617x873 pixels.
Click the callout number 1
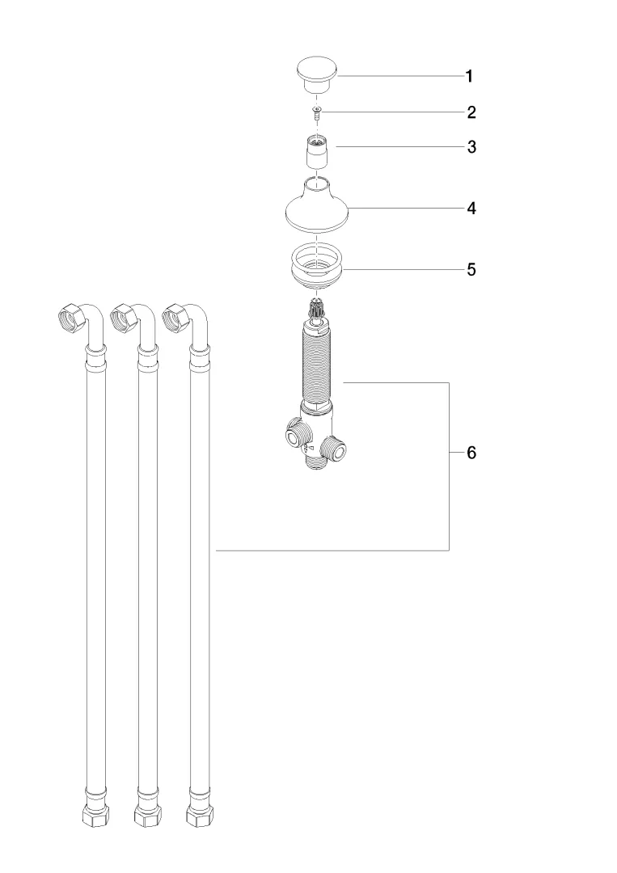469,76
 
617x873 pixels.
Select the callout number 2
471,112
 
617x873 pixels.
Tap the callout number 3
471,148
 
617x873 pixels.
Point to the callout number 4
471,209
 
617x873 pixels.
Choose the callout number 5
471,270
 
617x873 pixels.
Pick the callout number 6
471,453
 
